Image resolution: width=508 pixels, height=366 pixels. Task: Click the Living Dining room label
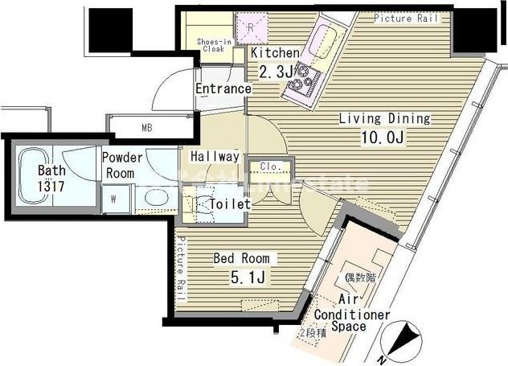pyautogui.click(x=384, y=118)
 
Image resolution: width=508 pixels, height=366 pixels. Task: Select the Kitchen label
pyautogui.click(x=275, y=53)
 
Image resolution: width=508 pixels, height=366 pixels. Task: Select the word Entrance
pyautogui.click(x=223, y=88)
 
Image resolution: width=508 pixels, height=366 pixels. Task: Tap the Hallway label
pyautogui.click(x=215, y=157)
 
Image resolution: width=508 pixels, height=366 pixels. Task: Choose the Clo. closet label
pyautogui.click(x=268, y=167)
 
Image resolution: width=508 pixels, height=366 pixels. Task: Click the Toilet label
pyautogui.click(x=229, y=204)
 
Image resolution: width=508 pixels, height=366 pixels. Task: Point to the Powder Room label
pyautogui.click(x=123, y=165)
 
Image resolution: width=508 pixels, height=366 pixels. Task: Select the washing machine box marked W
pyautogui.click(x=114, y=199)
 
